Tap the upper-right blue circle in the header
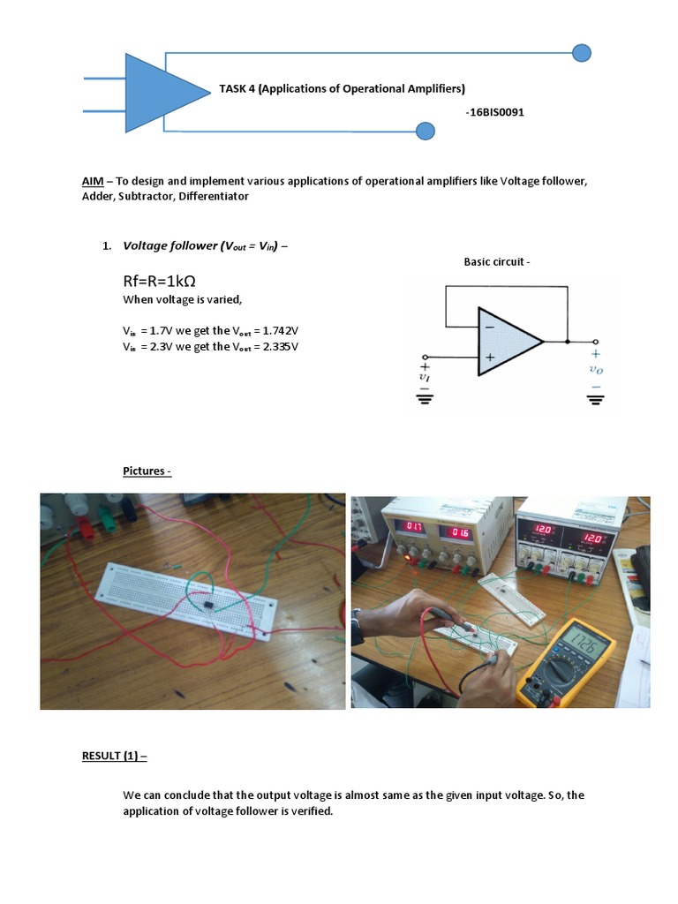(x=581, y=53)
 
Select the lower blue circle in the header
(x=425, y=132)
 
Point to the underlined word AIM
(x=93, y=181)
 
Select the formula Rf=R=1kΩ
(x=159, y=281)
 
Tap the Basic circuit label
(x=497, y=261)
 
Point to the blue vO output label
(x=596, y=370)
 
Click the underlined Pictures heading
(x=147, y=471)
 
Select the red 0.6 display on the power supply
(x=459, y=532)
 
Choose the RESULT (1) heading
(x=115, y=757)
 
